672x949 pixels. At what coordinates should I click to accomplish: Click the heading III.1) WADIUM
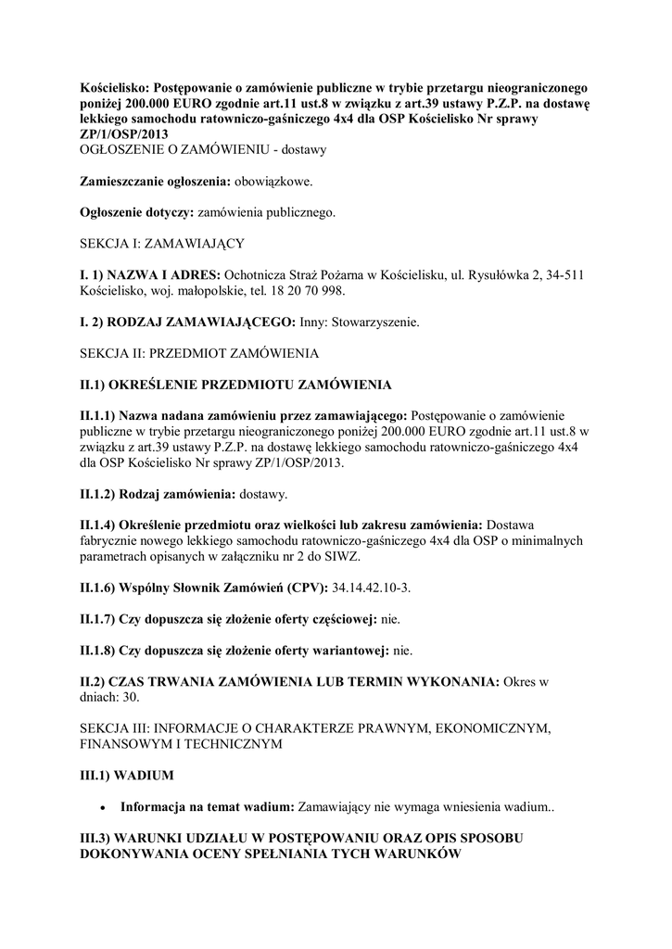tap(127, 772)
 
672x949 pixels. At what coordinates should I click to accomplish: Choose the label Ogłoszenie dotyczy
tap(136, 212)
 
